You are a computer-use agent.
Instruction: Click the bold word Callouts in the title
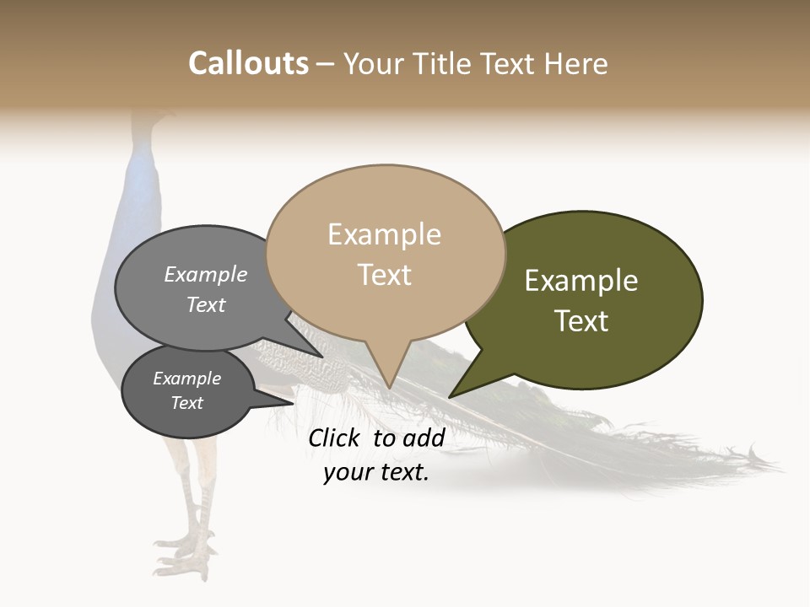tap(249, 63)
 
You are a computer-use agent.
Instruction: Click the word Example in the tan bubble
tap(384, 234)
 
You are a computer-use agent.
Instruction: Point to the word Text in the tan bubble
tap(385, 275)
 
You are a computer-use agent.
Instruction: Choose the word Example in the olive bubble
tap(581, 281)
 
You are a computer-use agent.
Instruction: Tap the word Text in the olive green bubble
tap(582, 321)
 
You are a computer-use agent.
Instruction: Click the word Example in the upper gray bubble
tap(206, 275)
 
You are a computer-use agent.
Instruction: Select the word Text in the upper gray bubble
tap(206, 305)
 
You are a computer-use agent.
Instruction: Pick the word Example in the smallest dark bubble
tap(187, 379)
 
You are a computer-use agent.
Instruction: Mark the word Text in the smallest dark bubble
tap(187, 403)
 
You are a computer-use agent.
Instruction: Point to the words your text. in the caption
tap(376, 473)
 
